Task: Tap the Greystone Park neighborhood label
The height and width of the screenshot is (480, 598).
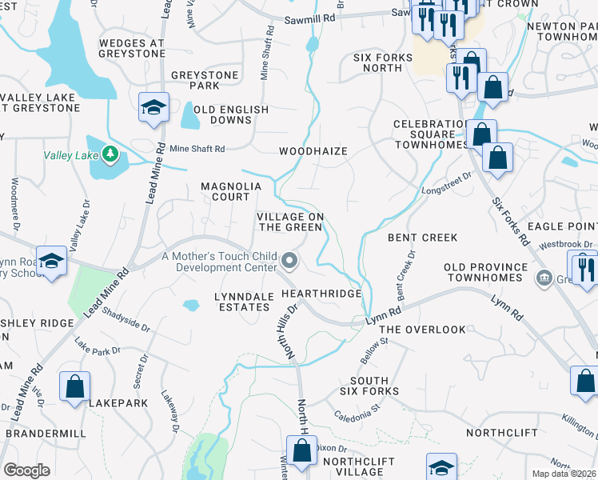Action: [205, 80]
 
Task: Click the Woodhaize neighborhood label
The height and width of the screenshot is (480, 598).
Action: [313, 150]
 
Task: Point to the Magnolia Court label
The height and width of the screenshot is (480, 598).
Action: [231, 191]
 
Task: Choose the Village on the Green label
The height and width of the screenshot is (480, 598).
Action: [290, 222]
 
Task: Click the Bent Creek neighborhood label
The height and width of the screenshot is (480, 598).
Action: [423, 238]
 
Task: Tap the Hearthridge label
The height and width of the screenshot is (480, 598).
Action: [322, 294]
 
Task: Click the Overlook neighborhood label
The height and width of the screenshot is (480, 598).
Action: [422, 330]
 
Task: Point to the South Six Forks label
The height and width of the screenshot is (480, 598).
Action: [374, 386]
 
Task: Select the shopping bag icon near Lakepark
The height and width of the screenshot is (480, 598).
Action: [74, 387]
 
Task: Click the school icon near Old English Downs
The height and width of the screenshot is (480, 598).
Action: [153, 107]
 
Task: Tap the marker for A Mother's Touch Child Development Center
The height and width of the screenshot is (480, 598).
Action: [290, 259]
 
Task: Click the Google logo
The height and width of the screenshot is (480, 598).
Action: [26, 470]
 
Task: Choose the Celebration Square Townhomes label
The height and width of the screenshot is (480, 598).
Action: [430, 134]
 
